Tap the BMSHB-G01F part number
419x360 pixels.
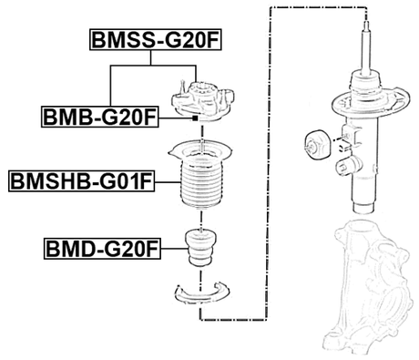pos(80,181)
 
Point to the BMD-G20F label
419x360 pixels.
pos(102,248)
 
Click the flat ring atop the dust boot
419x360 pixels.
pos(198,149)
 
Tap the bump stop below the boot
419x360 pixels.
pos(198,250)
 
